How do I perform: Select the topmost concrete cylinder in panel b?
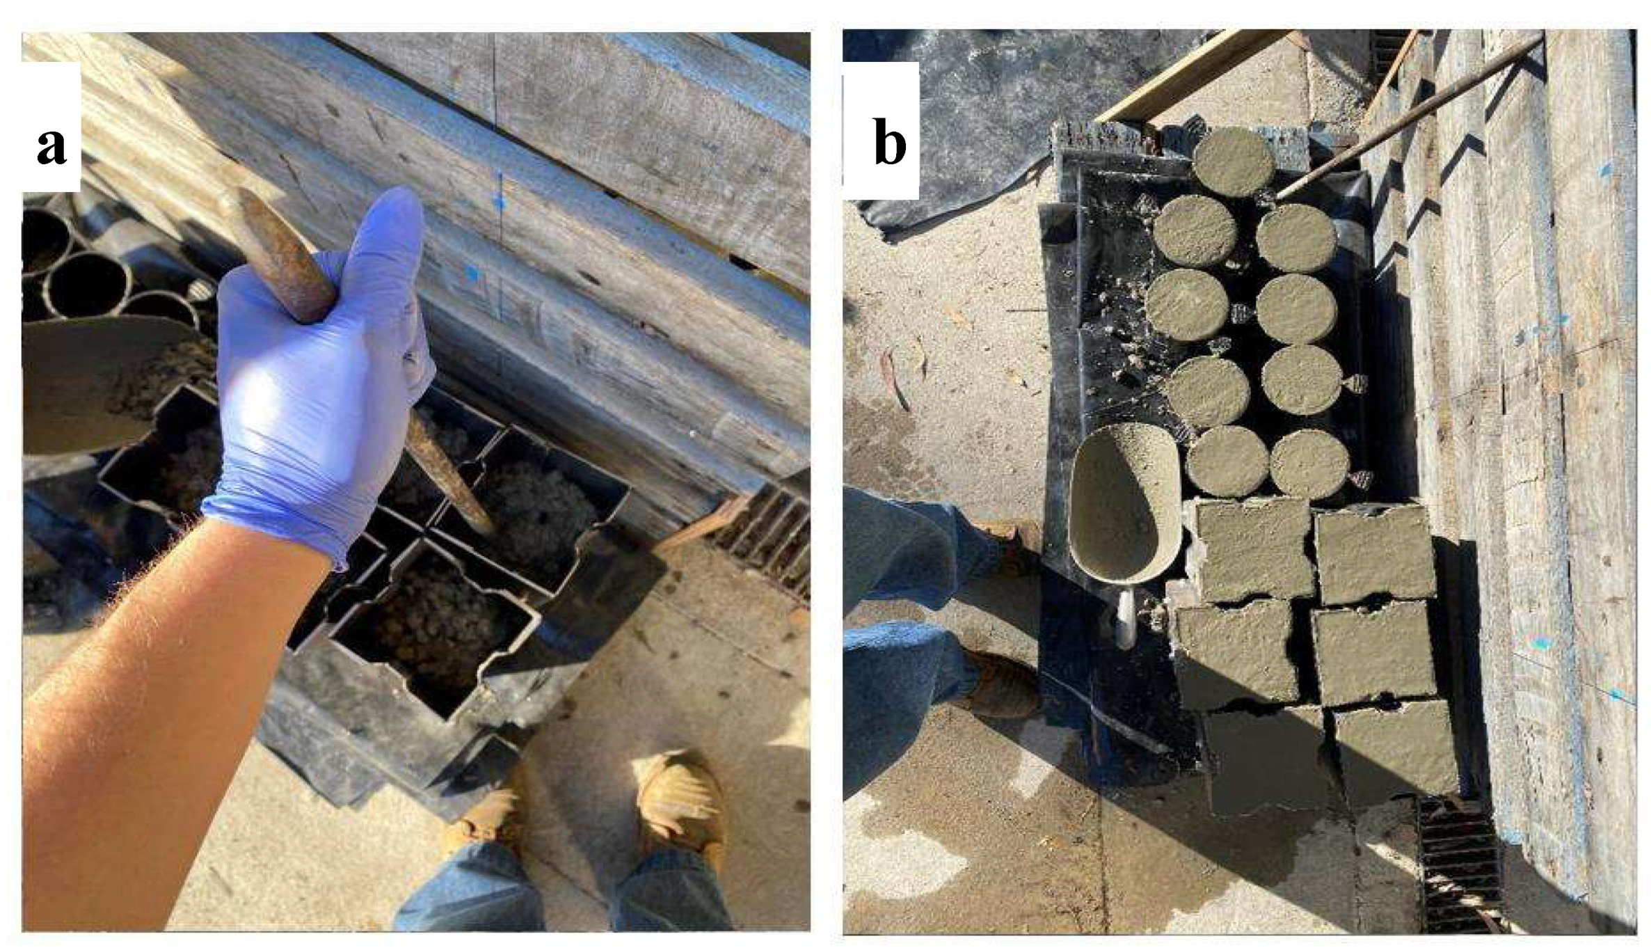1234,162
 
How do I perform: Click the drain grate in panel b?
1458,863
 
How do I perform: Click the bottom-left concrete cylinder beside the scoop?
1227,461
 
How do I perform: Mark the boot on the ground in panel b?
998,686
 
